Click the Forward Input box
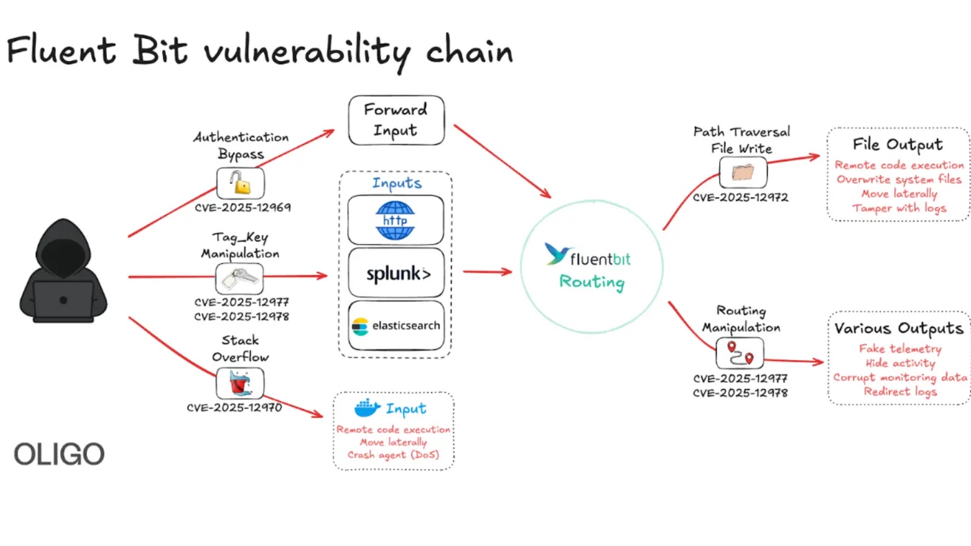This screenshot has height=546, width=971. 396,120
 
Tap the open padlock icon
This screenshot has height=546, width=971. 240,183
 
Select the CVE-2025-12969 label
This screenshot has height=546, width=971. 243,207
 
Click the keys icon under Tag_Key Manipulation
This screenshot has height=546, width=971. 240,278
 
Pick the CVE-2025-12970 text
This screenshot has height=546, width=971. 234,408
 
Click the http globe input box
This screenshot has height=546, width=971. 396,220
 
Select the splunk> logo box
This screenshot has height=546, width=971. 396,273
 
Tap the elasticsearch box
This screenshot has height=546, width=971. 396,326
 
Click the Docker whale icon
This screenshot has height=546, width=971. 367,408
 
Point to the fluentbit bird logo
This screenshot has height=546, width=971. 556,254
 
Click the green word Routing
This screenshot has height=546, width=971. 592,282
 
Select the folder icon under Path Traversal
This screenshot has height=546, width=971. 743,173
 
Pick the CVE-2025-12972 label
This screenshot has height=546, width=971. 740,198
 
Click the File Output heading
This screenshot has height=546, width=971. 898,144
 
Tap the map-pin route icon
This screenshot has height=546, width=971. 740,353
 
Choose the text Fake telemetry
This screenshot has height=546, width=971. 900,349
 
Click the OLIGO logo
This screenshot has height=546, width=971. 59,454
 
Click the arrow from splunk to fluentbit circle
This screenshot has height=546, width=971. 487,272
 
